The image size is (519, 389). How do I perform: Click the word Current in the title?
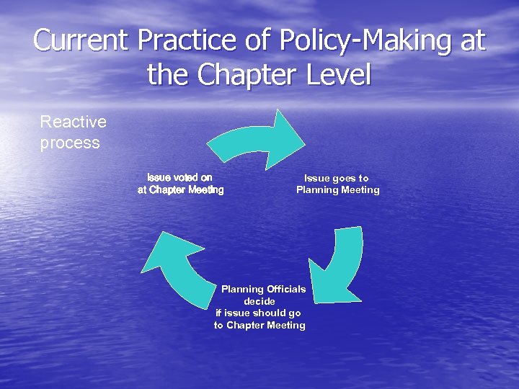coord(78,40)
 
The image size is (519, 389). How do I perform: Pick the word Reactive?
coord(73,122)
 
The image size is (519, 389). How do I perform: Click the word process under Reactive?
coord(70,142)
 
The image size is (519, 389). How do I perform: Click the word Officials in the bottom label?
coord(286,289)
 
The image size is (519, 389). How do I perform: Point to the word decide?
coord(259,301)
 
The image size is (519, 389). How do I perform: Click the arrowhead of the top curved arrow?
coord(288,133)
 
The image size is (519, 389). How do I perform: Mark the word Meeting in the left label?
coord(204,190)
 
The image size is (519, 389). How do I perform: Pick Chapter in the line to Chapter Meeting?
coord(245,326)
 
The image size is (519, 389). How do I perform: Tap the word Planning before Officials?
coord(242,289)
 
